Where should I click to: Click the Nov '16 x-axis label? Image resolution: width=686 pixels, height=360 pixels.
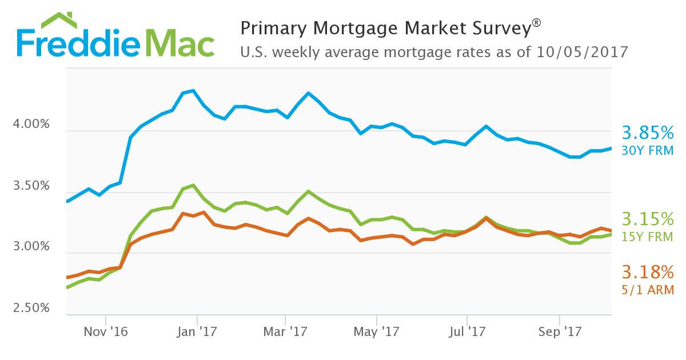point(106,331)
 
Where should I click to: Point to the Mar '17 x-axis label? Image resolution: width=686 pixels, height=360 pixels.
point(286,331)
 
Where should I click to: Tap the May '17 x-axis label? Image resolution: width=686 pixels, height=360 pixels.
point(377,331)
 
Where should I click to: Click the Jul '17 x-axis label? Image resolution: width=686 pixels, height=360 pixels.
point(467,331)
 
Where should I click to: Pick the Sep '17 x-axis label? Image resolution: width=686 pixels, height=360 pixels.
point(559,331)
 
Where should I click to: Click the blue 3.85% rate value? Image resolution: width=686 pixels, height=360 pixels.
point(648,134)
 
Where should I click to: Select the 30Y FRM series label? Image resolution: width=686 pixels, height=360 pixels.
point(648,151)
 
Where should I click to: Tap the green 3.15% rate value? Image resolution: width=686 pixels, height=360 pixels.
point(648,219)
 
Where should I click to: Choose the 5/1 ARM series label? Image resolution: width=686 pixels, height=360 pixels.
point(648,290)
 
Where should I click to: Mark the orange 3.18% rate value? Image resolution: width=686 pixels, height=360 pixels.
point(648,272)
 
